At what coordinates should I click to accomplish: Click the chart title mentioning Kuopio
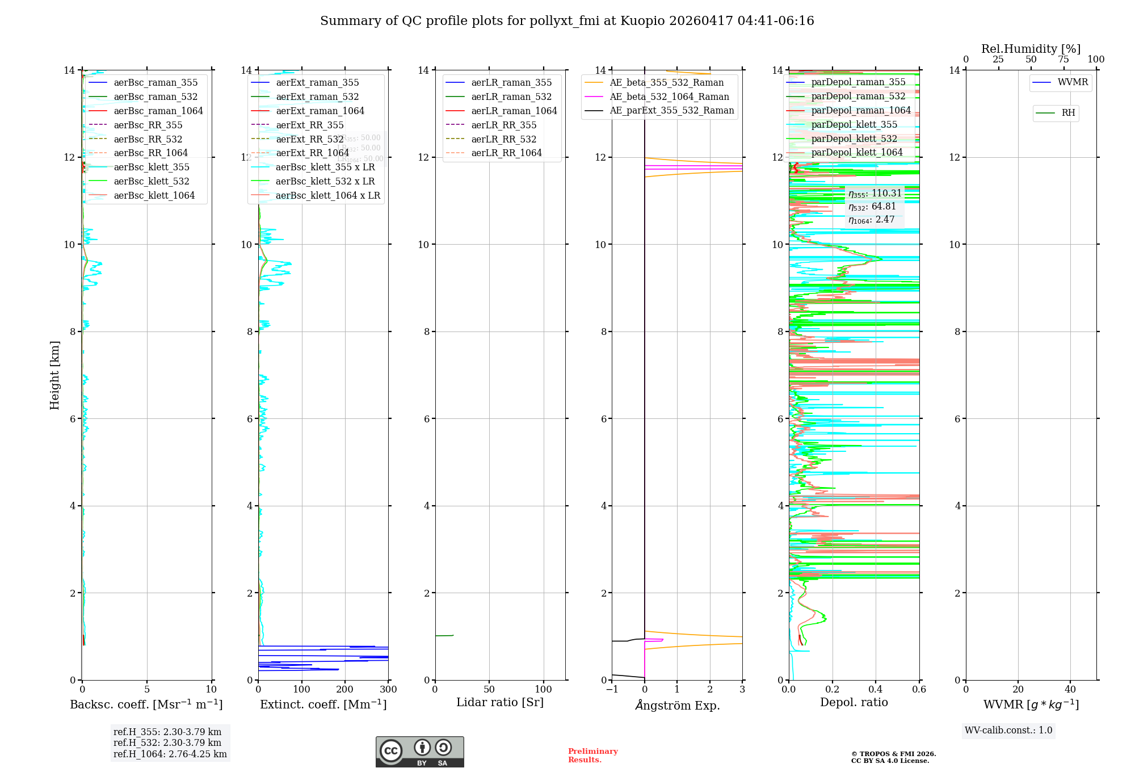click(x=567, y=21)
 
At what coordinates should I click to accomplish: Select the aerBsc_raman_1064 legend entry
click(x=158, y=111)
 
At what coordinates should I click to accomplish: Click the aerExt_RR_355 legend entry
click(x=309, y=125)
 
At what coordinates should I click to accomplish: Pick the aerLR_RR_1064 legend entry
click(x=506, y=153)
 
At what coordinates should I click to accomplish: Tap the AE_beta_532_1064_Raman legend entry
click(x=669, y=96)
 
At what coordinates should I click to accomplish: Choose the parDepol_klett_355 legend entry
click(x=854, y=124)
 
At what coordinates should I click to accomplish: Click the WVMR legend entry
click(x=1072, y=82)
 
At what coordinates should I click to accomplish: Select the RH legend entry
click(x=1067, y=113)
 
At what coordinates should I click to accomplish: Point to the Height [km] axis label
click(x=54, y=375)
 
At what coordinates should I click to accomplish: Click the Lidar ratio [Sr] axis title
click(x=499, y=702)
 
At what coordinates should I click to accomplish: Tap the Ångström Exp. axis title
click(x=677, y=705)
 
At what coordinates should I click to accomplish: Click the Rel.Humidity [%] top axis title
click(x=1031, y=49)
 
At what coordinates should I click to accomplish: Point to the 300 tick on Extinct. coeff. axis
click(x=388, y=689)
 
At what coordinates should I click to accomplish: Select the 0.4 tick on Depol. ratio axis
click(x=876, y=689)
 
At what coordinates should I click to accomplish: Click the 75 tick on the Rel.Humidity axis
click(x=1063, y=60)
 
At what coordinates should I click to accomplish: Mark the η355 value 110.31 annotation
click(x=875, y=194)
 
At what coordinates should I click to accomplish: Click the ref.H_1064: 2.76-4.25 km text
click(x=170, y=754)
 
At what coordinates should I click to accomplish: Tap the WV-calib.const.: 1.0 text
click(x=1008, y=730)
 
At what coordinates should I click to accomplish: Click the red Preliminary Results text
click(x=592, y=755)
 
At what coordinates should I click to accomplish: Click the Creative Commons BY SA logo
click(x=419, y=752)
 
